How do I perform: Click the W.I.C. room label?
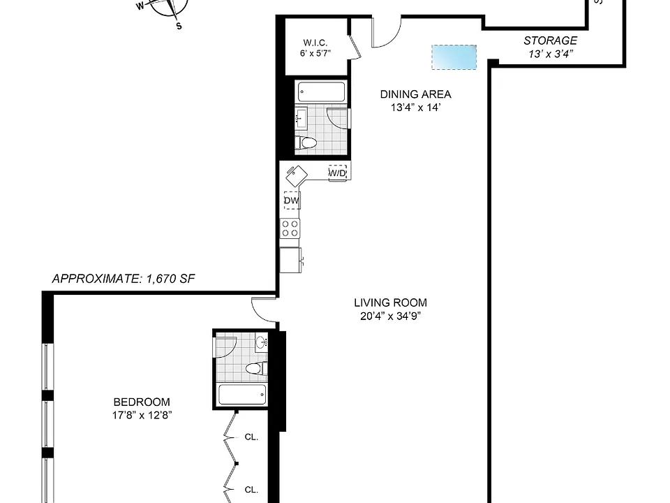[315, 43]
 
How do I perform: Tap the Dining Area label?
[416, 94]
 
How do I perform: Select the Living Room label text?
[391, 302]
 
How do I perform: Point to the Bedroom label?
[142, 402]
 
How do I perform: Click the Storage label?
[551, 41]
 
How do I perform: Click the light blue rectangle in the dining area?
[454, 57]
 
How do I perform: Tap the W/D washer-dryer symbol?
[337, 173]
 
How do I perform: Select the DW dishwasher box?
[292, 201]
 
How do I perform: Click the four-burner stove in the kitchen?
[290, 228]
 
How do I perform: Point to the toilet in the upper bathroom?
[306, 143]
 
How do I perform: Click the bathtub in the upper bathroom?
[321, 92]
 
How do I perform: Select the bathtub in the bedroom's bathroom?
[242, 394]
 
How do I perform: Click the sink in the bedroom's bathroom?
[262, 342]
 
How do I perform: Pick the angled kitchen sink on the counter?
[297, 175]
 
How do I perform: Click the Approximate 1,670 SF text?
[123, 279]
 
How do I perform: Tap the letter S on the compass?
[179, 26]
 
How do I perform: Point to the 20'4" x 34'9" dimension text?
[391, 316]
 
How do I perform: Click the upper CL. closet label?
[251, 437]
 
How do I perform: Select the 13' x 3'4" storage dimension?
[551, 54]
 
